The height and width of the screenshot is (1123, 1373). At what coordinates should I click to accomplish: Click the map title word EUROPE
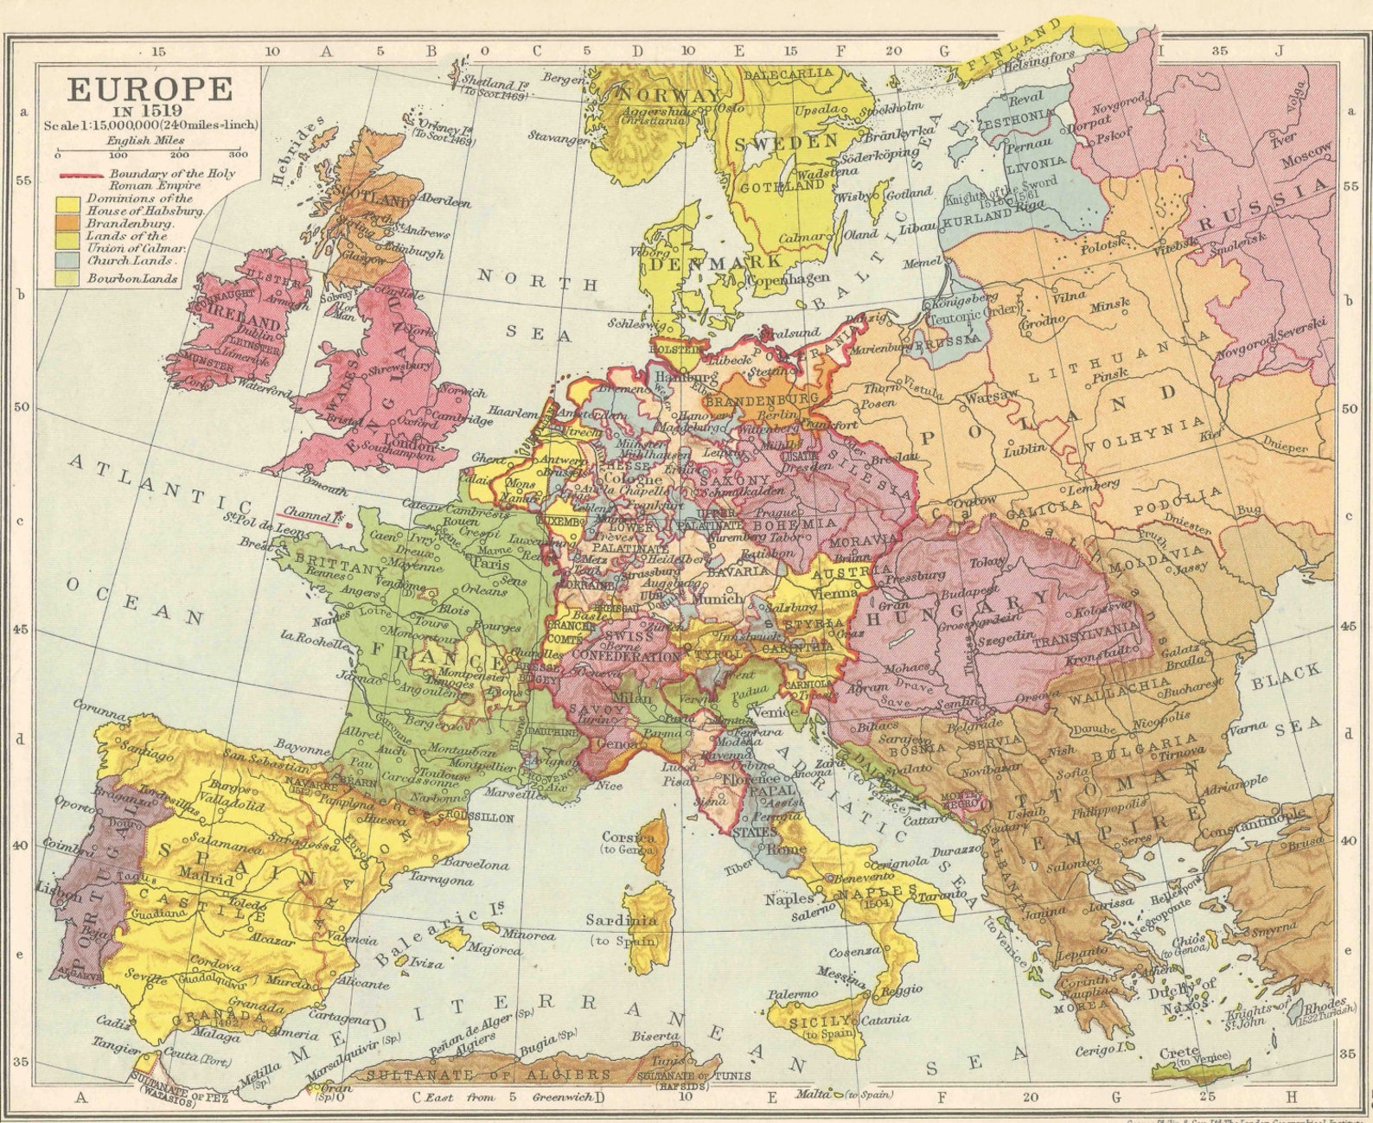tap(150, 89)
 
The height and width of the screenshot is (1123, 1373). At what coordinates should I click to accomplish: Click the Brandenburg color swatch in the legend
tap(68, 223)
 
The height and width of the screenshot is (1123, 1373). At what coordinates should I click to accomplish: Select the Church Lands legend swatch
tap(68, 259)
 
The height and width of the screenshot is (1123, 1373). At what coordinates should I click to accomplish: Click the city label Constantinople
tap(1247, 821)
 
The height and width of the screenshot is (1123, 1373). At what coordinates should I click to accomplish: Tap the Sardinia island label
tap(621, 921)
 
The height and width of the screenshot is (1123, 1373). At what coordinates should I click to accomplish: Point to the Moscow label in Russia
tap(1305, 156)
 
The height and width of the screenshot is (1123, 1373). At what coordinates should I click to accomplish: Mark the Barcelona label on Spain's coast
tap(476, 863)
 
